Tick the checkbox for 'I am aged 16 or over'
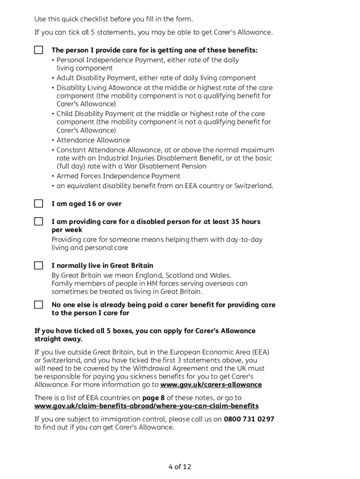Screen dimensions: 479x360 (x=38, y=204)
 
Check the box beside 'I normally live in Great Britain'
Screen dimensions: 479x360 (x=38, y=266)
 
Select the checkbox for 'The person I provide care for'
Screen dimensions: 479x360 (x=38, y=50)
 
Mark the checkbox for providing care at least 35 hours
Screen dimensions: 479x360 (x=38, y=221)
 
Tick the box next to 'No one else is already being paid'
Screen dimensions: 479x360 (x=38, y=305)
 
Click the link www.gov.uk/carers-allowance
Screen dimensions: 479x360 (x=211, y=385)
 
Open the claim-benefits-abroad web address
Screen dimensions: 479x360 (x=146, y=406)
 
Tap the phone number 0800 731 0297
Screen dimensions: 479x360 (x=249, y=419)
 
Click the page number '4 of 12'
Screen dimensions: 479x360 (x=180, y=467)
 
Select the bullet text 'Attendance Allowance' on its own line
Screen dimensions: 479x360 (x=93, y=140)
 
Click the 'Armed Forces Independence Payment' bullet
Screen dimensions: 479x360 (x=118, y=176)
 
